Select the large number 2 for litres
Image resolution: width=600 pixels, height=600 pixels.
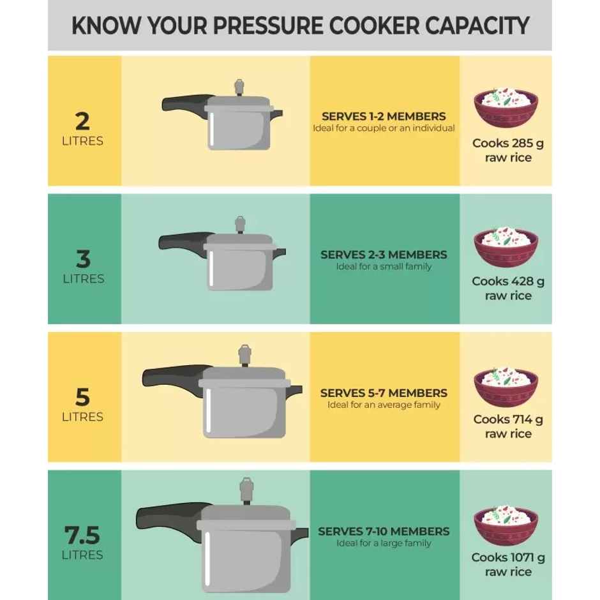tap(82, 121)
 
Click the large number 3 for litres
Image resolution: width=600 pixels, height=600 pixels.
tap(82, 259)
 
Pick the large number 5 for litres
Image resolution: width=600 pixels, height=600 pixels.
tap(82, 397)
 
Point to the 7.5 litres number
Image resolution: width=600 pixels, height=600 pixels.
tap(82, 535)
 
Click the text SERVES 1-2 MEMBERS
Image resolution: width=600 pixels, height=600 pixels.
tap(384, 117)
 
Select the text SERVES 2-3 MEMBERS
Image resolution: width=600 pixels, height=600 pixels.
tap(384, 255)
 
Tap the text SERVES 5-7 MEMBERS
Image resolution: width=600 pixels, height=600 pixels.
tap(384, 393)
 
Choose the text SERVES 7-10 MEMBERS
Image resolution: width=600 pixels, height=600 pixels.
tap(384, 531)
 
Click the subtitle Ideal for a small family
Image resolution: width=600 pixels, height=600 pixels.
tap(384, 267)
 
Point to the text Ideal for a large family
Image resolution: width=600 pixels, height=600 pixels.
tap(384, 543)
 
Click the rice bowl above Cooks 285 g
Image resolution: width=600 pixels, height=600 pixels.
tap(506, 109)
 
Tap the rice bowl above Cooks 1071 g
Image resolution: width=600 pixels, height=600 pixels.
tap(506, 525)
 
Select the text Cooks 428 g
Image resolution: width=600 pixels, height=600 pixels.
tap(508, 281)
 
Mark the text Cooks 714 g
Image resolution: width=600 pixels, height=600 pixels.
tap(508, 419)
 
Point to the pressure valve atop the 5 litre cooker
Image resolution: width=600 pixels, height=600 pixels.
tap(244, 355)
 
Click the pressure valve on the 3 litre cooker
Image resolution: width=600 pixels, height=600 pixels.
tap(240, 224)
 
